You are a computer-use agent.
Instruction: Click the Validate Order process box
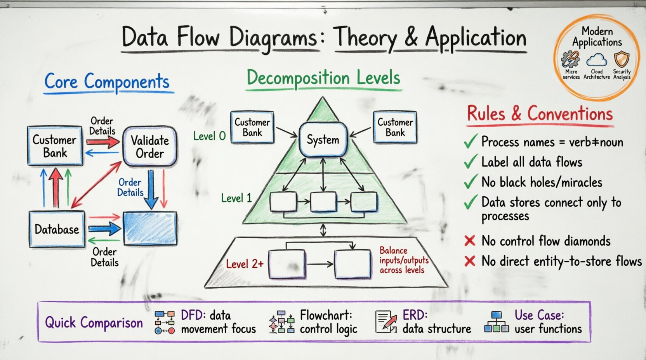coord(150,147)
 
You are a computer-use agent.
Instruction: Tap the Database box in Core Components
coord(57,229)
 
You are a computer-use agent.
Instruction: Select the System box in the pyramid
coord(323,140)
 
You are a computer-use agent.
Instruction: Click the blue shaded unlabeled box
coord(150,228)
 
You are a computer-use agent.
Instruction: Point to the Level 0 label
coord(209,136)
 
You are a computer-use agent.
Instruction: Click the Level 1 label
coord(236,198)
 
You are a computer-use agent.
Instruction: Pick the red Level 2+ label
coord(245,264)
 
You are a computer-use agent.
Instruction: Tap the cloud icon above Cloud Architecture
coord(597,60)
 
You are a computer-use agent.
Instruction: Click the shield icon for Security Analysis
coord(622,59)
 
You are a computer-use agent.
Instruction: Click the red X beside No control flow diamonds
coord(470,241)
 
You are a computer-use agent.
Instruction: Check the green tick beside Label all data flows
coord(471,162)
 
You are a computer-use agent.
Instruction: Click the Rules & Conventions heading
coord(540,114)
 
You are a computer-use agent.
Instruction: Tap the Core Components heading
coord(107,82)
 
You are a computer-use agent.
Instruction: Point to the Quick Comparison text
coord(94,323)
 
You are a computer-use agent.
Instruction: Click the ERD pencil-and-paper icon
coord(386,322)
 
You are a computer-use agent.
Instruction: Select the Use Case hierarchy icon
coord(497,322)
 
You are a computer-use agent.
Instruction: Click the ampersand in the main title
coord(411,38)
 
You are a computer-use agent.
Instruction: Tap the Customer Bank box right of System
coord(395,127)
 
